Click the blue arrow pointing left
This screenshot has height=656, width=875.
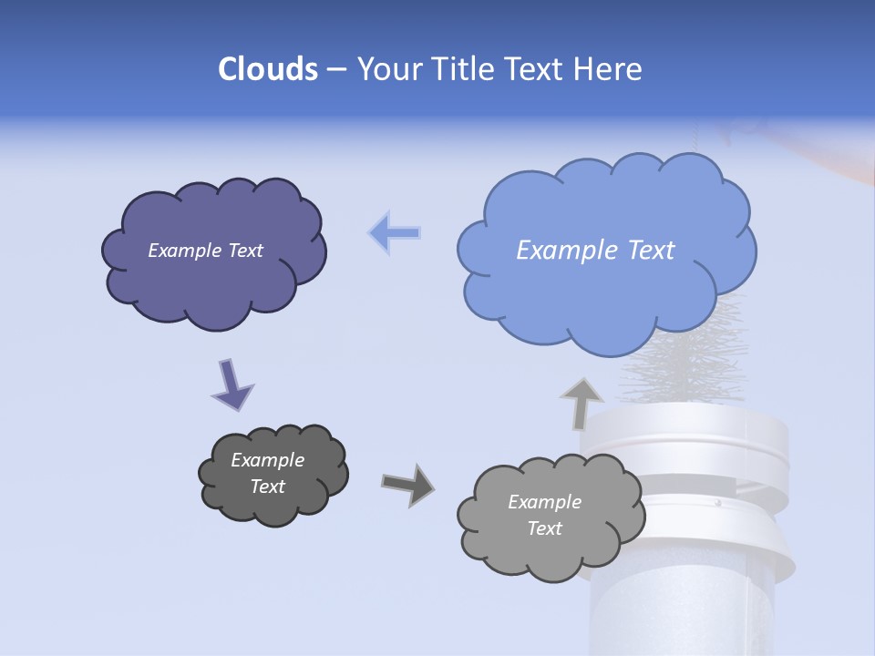(395, 232)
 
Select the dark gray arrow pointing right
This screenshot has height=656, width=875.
(407, 484)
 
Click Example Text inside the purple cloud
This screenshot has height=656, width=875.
(205, 251)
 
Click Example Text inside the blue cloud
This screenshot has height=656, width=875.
(595, 251)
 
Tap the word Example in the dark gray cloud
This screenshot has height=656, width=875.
(267, 460)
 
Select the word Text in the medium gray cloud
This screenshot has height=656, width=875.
(544, 528)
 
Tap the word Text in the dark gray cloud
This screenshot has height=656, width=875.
(267, 487)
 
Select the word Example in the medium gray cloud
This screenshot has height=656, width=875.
(544, 502)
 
